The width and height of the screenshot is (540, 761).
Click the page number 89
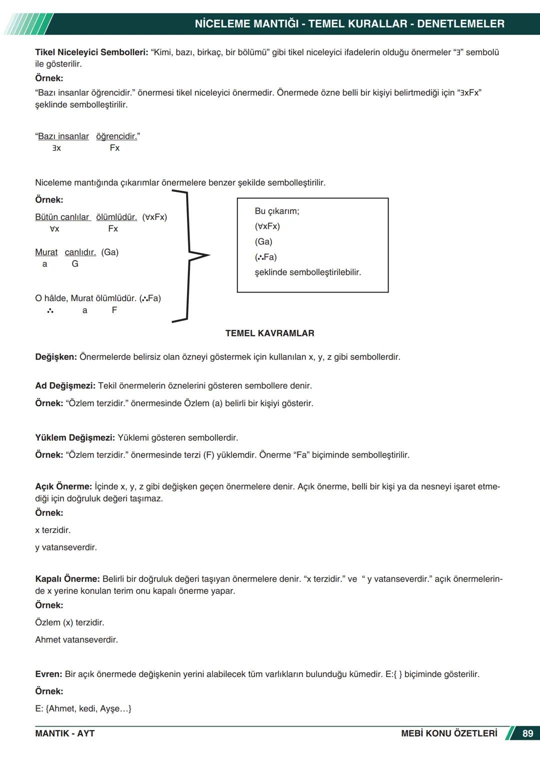tap(527, 733)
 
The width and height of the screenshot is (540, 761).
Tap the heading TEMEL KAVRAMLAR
tap(269, 333)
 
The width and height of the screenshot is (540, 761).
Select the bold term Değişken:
tap(56, 357)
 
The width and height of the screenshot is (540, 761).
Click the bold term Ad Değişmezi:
tap(65, 386)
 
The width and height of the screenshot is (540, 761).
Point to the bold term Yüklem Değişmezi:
tap(75, 438)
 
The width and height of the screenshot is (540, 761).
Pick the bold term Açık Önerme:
tap(63, 486)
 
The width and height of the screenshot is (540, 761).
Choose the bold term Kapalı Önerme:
tap(67, 579)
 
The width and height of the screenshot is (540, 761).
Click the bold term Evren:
tap(48, 674)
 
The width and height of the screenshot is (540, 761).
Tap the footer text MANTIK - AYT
tap(64, 733)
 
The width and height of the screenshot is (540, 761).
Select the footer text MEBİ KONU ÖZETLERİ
tap(449, 733)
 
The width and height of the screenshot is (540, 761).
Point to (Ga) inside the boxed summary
tap(263, 242)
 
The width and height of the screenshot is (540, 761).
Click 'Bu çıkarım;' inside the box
tap(276, 211)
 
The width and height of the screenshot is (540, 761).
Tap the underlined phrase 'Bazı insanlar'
tap(63, 136)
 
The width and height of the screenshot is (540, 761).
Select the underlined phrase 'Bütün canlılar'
tap(62, 217)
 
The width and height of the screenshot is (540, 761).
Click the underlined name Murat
tap(46, 252)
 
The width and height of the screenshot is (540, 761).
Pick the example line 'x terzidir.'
tap(52, 530)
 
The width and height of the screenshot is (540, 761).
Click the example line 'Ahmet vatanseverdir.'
tap(76, 639)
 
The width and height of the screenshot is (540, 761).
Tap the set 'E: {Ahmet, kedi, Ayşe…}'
tap(83, 708)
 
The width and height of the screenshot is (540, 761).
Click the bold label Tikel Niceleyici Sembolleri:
tap(91, 52)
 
